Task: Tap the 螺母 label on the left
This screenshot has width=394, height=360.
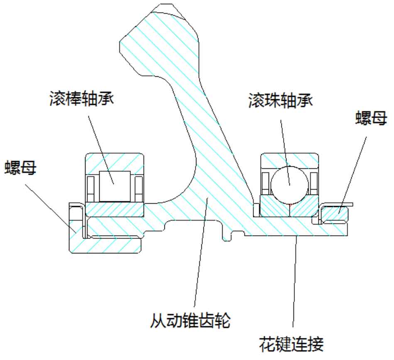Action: [x=20, y=169]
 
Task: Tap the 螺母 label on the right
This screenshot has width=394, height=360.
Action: [x=370, y=119]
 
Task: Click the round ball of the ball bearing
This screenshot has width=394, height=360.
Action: [x=289, y=183]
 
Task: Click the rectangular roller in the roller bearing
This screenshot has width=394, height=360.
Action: [x=114, y=185]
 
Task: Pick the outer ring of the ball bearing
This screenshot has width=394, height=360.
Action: [x=289, y=159]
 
